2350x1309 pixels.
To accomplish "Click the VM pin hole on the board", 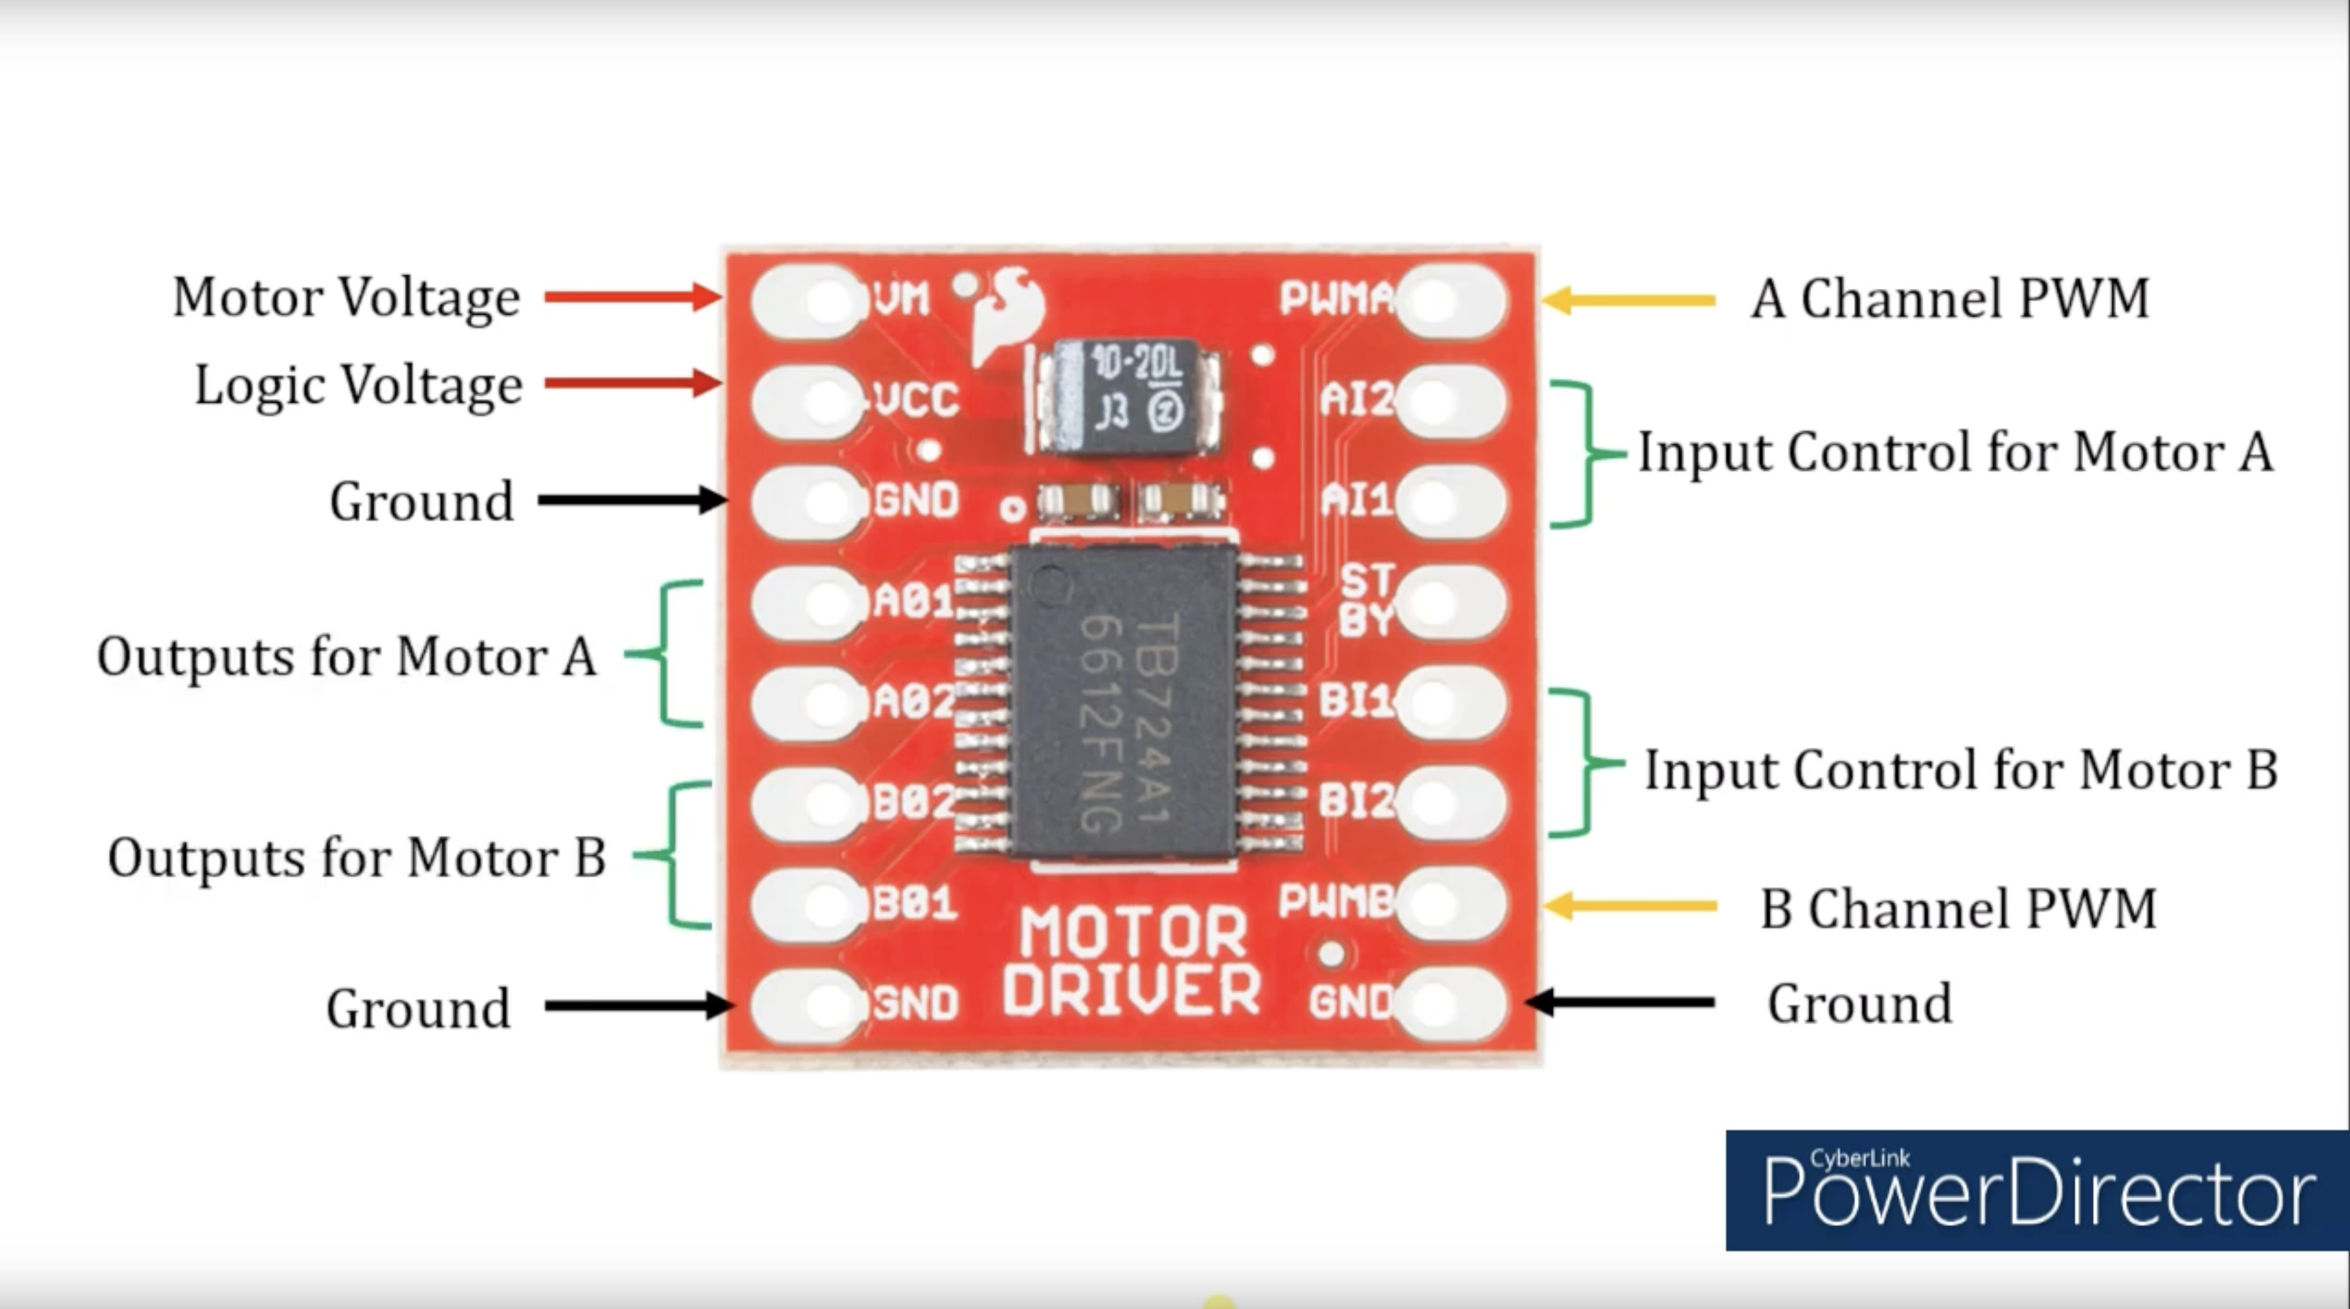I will coord(826,300).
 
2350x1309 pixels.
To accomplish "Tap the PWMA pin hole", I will coord(1435,300).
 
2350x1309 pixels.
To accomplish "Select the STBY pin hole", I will coord(1435,602).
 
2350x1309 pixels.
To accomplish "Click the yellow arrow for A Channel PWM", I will coord(1629,300).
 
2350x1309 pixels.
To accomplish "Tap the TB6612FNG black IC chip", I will coord(1124,702).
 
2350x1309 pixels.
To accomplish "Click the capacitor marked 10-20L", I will coord(1129,397).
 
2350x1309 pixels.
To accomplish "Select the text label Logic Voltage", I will coord(358,385).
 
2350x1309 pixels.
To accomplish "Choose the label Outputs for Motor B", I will coord(356,857).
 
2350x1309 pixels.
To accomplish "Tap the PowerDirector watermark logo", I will coord(2036,1190).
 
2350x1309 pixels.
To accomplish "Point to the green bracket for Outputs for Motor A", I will coord(670,653).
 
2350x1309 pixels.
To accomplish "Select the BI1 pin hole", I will coord(1435,702).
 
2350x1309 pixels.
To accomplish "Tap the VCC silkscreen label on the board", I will coord(916,399).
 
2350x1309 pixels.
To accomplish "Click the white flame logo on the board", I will coord(1007,310).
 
